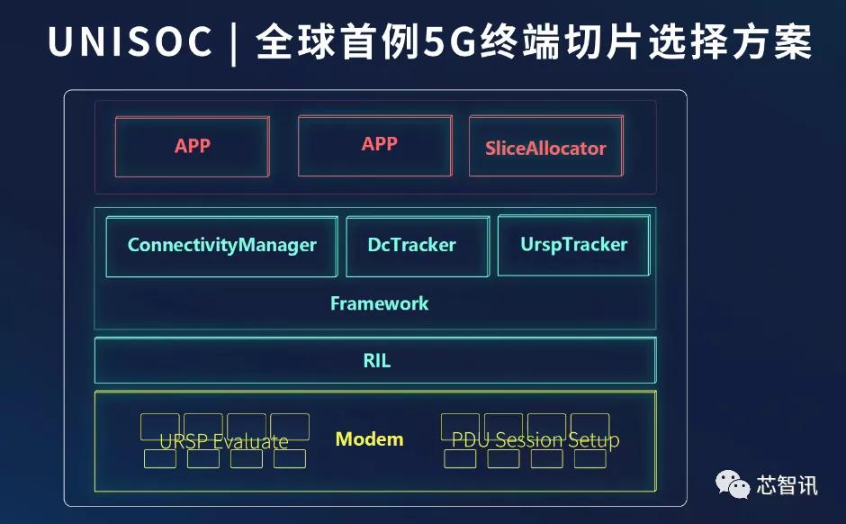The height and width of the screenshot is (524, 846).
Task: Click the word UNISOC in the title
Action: [130, 41]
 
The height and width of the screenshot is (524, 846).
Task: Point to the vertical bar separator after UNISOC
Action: [234, 42]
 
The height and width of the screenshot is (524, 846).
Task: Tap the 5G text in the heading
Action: [448, 42]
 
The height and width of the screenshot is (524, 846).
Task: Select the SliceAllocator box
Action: [546, 146]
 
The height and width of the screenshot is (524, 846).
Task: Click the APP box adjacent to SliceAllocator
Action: [375, 146]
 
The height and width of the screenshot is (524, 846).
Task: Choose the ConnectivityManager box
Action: [221, 247]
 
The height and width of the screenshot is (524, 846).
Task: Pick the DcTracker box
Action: [418, 247]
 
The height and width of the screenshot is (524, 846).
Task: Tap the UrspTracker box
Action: [573, 246]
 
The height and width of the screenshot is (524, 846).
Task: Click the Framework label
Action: [379, 303]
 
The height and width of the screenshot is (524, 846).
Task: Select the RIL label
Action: [376, 360]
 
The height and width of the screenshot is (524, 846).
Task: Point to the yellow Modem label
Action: [370, 439]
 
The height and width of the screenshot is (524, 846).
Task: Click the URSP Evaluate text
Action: [224, 441]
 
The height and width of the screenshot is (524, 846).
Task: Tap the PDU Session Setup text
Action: [535, 440]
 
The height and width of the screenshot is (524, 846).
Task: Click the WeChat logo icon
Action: [733, 484]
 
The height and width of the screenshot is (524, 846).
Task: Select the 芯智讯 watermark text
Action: [787, 485]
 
